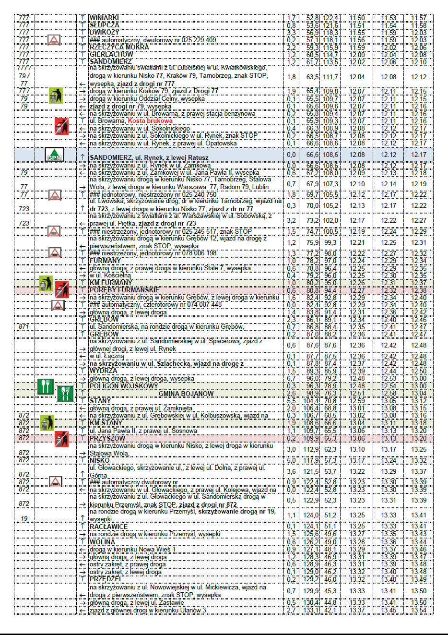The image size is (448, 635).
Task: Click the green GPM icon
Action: click(54, 155)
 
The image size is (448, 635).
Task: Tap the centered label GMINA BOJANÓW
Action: click(186, 394)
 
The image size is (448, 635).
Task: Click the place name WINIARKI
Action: click(104, 18)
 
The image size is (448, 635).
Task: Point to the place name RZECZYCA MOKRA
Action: click(119, 47)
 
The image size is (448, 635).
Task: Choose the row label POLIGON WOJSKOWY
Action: click(123, 386)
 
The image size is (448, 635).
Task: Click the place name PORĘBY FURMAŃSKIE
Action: click(124, 290)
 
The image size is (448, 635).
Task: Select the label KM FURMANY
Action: click(110, 283)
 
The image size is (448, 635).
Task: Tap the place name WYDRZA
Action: click(103, 371)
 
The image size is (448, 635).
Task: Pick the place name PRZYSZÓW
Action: click(107, 438)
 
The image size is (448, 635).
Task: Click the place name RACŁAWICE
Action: click(108, 527)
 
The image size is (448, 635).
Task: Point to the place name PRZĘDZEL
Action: click(106, 579)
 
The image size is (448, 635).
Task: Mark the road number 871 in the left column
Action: click(24, 326)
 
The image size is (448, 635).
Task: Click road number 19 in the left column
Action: click(24, 518)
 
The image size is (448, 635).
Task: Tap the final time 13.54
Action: click(419, 611)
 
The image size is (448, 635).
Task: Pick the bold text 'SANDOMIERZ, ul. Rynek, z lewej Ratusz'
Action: click(149, 157)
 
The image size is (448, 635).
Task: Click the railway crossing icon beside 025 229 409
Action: click(54, 40)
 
